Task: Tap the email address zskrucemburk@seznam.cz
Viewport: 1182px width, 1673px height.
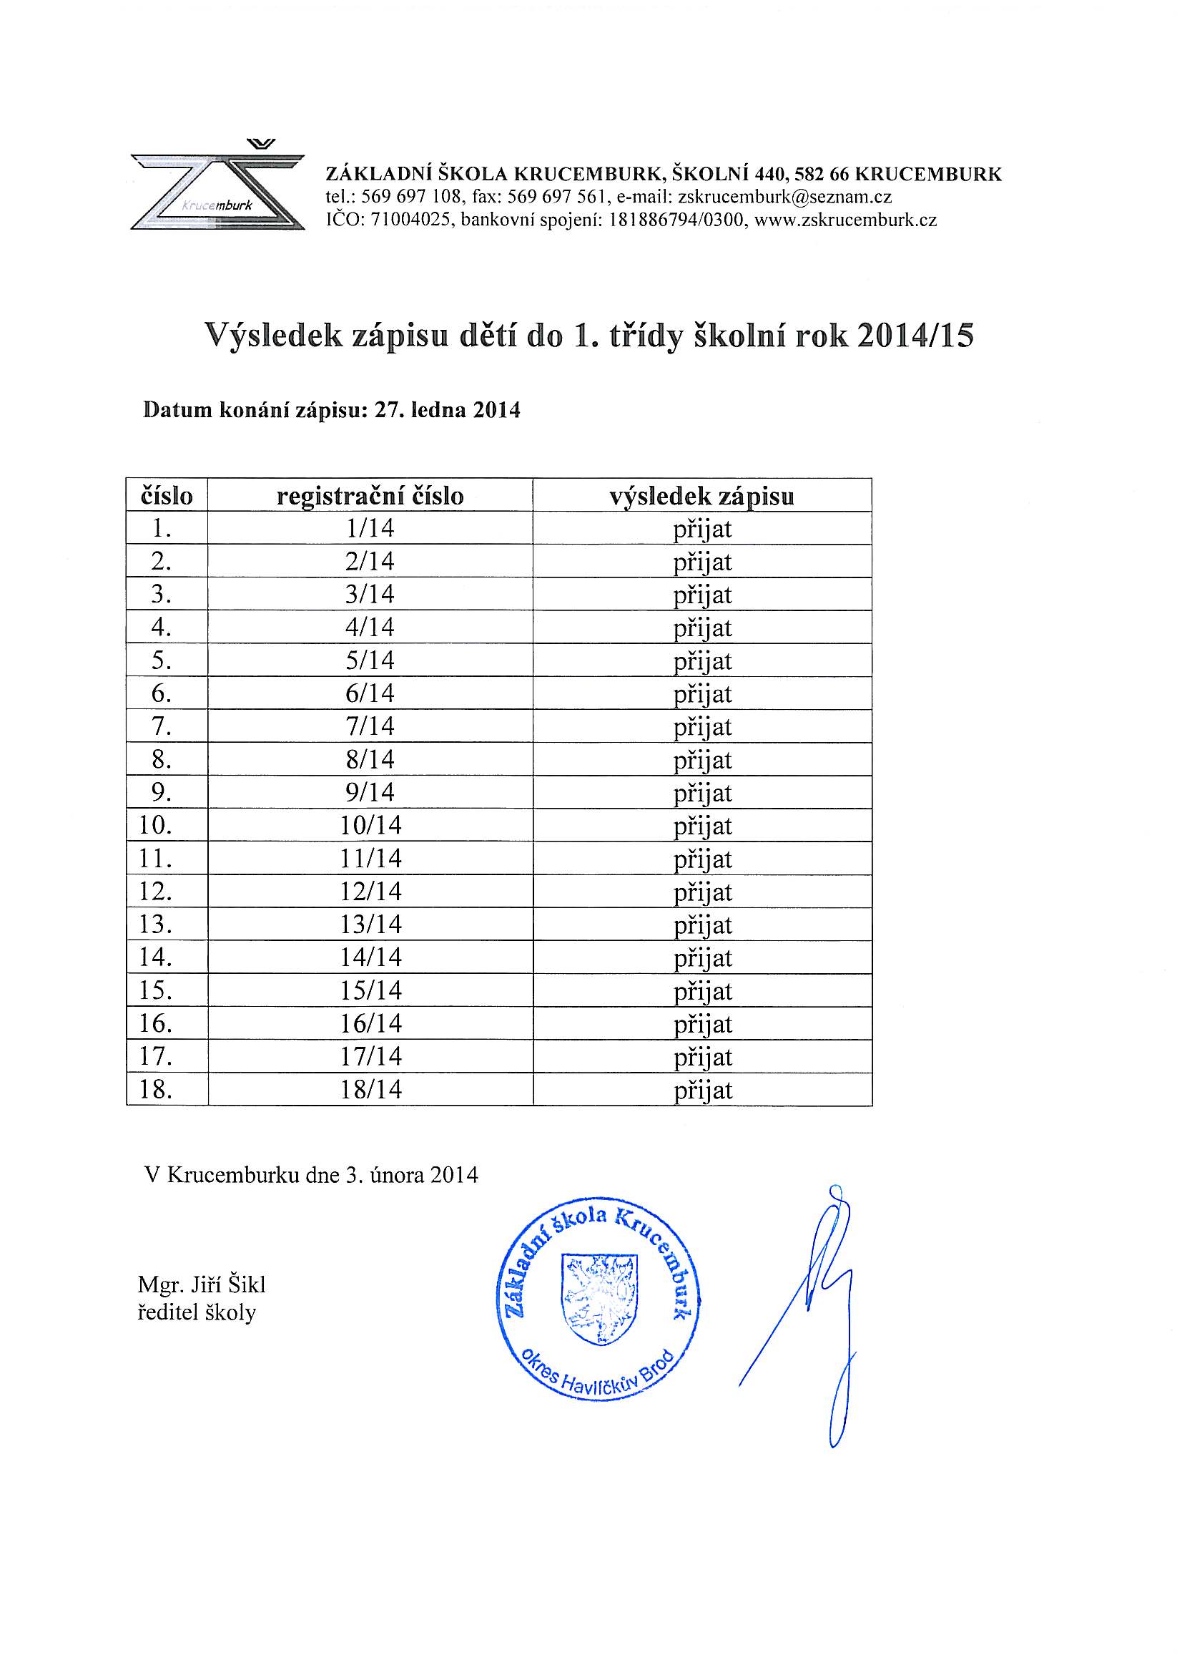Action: [x=784, y=197]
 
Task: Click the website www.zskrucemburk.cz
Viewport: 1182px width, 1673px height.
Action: [x=845, y=220]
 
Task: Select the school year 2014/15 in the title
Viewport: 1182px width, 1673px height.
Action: [x=915, y=336]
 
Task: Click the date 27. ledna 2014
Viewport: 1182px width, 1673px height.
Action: [x=447, y=410]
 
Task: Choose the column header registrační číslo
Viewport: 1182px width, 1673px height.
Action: [x=370, y=496]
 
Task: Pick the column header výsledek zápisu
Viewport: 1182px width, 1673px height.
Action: [x=701, y=496]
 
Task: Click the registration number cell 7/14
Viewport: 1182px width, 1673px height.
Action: [x=370, y=726]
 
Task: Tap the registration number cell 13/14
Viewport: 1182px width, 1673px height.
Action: [x=370, y=925]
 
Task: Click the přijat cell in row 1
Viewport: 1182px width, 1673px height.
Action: [x=702, y=529]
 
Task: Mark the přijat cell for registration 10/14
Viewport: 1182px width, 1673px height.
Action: [x=702, y=826]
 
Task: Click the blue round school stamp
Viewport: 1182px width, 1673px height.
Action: [x=597, y=1301]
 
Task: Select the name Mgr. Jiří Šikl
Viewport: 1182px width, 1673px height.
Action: [x=202, y=1284]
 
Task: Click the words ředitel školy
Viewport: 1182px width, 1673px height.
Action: [x=197, y=1313]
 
